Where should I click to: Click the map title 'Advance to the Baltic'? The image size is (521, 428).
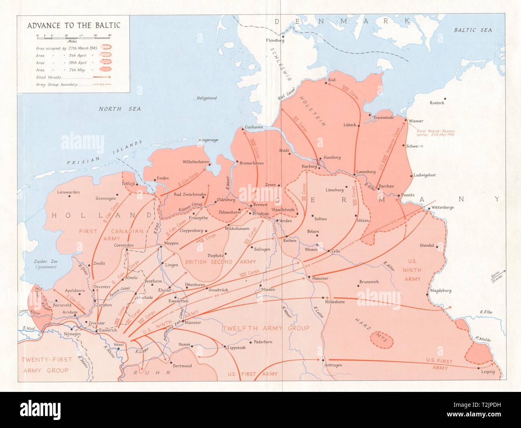point(73,25)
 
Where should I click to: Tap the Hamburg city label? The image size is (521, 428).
point(332,158)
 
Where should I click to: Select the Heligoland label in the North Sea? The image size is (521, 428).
point(206,98)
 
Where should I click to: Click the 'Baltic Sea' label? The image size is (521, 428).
point(473,30)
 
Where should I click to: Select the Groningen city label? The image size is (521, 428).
point(106,199)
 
